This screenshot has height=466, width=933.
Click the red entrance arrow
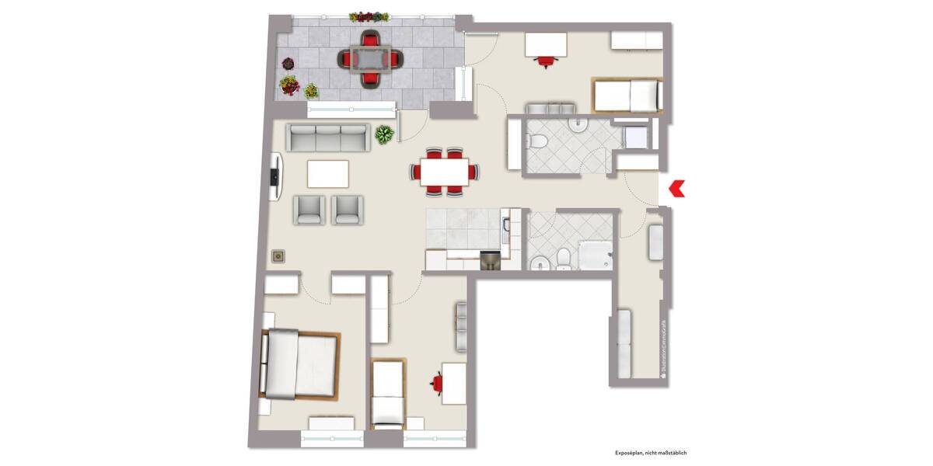[x=676, y=187]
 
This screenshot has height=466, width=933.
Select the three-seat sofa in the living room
[x=327, y=138]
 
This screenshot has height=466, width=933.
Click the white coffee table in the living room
[x=328, y=173]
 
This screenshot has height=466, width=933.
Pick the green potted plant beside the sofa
[x=384, y=134]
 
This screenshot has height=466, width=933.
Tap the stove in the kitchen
[x=490, y=262]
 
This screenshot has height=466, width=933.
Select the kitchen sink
[x=506, y=226]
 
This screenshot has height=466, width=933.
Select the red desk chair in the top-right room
[x=546, y=60]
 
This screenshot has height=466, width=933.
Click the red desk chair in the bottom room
[x=438, y=383]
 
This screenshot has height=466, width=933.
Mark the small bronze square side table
[x=278, y=256]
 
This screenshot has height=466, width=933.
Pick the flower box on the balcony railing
[x=369, y=16]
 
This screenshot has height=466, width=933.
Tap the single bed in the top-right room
[x=627, y=96]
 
